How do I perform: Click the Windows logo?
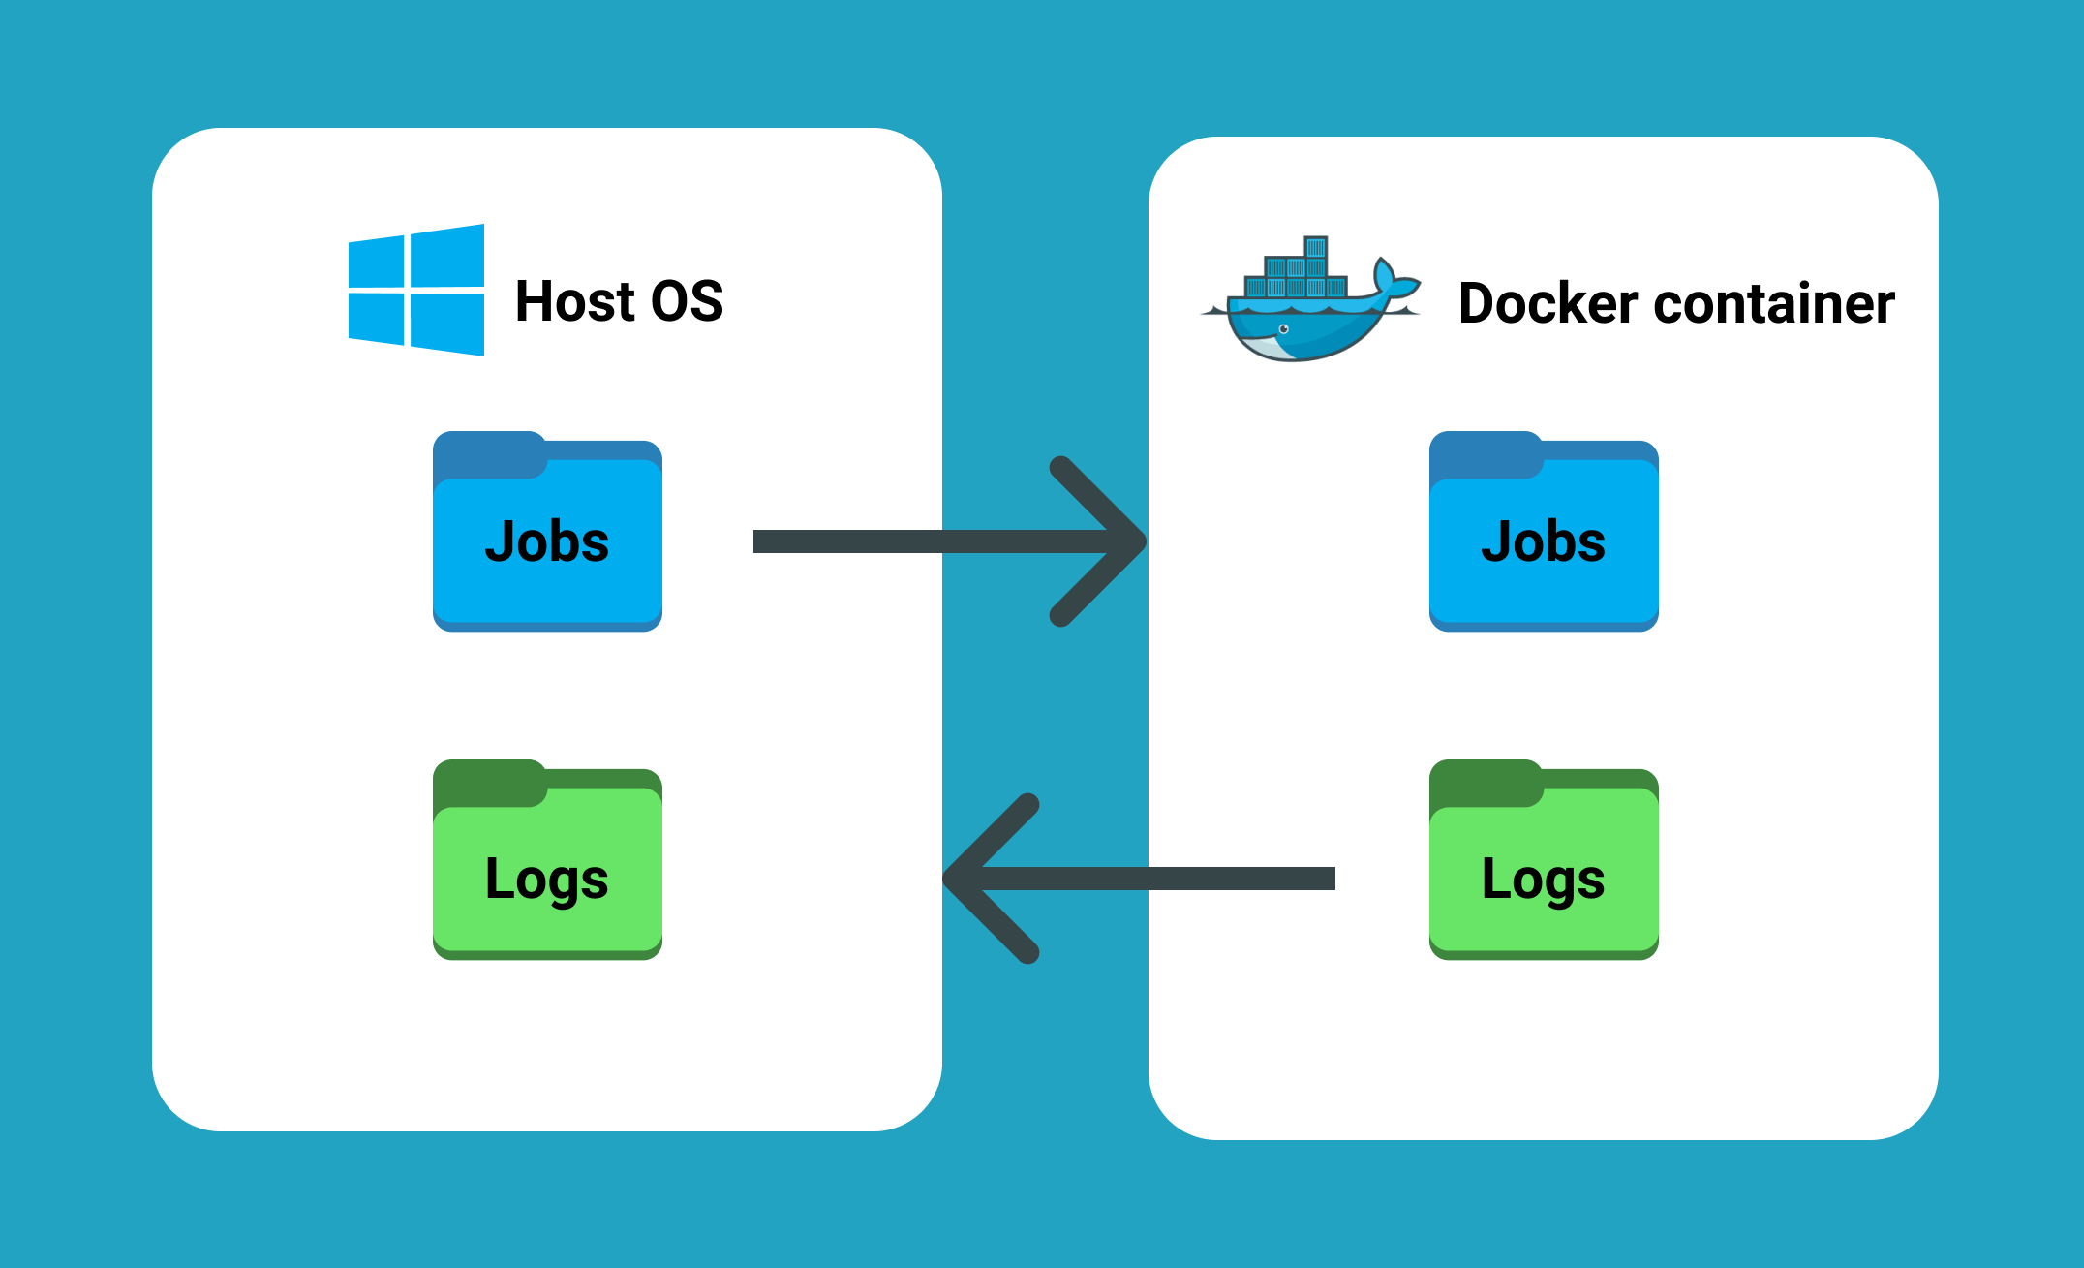(x=416, y=290)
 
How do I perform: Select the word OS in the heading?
(x=687, y=301)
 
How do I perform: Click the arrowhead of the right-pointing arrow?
(x=1123, y=541)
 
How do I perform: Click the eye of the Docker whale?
(x=1284, y=329)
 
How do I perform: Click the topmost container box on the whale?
(x=1315, y=246)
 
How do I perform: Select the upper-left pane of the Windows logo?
(x=377, y=262)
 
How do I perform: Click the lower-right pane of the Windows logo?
(x=447, y=324)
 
